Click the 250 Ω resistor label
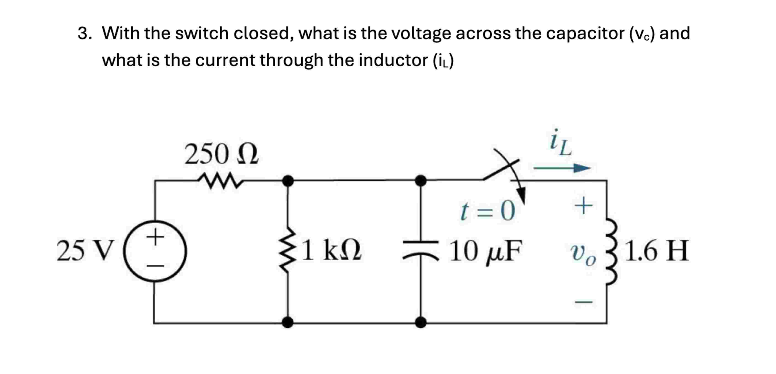pos(222,154)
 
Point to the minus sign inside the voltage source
pos(155,266)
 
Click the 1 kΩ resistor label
pos(331,250)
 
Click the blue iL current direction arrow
pos(562,168)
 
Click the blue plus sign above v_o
pos(583,206)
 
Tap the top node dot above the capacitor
pos(421,181)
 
